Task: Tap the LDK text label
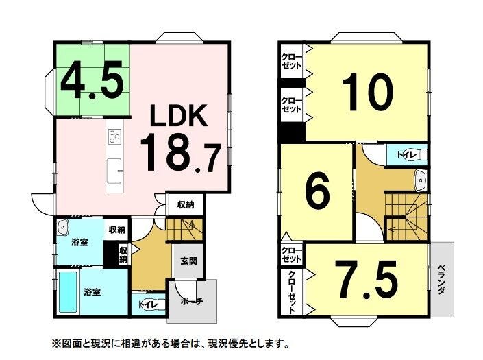178,116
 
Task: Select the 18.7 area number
180,153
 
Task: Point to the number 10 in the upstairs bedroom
368,92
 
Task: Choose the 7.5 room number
366,279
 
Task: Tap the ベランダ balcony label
441,279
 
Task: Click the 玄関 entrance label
188,261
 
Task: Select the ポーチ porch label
191,301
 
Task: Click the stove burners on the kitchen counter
114,136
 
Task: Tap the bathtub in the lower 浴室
68,292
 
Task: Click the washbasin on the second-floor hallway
420,180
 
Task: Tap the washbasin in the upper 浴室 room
63,227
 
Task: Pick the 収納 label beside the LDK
186,204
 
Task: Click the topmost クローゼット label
291,61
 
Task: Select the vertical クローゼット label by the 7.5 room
291,292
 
